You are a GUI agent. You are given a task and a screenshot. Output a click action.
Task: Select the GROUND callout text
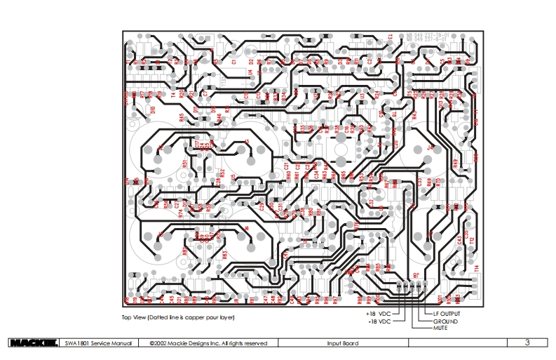pyautogui.click(x=445, y=321)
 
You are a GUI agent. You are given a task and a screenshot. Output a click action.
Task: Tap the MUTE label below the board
pyautogui.click(x=440, y=328)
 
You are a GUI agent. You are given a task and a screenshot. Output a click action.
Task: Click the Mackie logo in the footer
pyautogui.click(x=33, y=343)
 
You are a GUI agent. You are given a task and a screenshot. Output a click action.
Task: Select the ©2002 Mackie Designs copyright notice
pyautogui.click(x=209, y=343)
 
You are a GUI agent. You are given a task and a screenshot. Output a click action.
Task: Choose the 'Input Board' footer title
pyautogui.click(x=343, y=343)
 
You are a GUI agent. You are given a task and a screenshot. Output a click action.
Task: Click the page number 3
pyautogui.click(x=527, y=342)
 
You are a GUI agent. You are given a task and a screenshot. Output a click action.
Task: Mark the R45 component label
pyautogui.click(x=182, y=118)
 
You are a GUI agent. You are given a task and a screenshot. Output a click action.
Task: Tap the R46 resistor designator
pyautogui.click(x=218, y=117)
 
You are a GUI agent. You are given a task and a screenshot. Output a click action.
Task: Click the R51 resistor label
pyautogui.click(x=184, y=164)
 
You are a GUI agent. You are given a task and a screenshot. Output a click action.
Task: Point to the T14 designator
pyautogui.click(x=477, y=267)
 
